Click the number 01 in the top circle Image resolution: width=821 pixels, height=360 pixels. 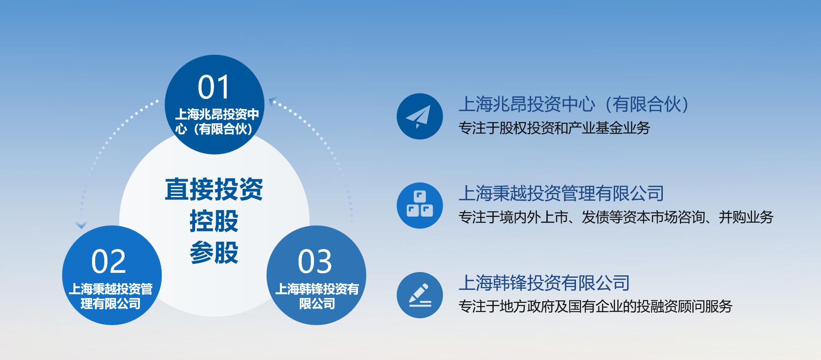pyautogui.click(x=214, y=87)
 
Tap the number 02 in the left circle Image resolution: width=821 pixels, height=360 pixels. pyautogui.click(x=109, y=261)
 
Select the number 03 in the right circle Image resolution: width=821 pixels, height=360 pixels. pyautogui.click(x=315, y=261)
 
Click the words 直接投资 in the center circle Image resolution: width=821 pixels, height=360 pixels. pyautogui.click(x=214, y=189)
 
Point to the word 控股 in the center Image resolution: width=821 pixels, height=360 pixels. pyautogui.click(x=214, y=221)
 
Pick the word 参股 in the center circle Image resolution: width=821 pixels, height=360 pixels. pyautogui.click(x=214, y=253)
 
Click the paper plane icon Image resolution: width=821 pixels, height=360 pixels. pyautogui.click(x=419, y=116)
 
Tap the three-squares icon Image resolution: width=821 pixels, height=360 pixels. pyautogui.click(x=419, y=205)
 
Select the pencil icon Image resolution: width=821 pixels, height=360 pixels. pyautogui.click(x=419, y=295)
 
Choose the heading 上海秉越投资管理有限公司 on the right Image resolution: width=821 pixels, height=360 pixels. pyautogui.click(x=561, y=193)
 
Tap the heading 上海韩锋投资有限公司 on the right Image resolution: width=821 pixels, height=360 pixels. pyautogui.click(x=544, y=283)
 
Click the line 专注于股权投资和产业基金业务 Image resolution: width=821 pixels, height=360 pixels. pyautogui.click(x=554, y=128)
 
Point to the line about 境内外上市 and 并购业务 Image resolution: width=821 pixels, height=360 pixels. pyautogui.click(x=616, y=217)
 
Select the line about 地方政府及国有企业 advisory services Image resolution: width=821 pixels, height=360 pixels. pyautogui.click(x=595, y=306)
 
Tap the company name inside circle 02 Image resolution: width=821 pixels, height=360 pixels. pyautogui.click(x=110, y=296)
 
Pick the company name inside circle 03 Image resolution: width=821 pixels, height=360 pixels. pyautogui.click(x=317, y=296)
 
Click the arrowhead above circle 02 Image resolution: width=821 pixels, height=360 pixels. pyautogui.click(x=82, y=225)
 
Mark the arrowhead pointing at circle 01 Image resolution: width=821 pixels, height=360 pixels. pyautogui.click(x=272, y=101)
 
